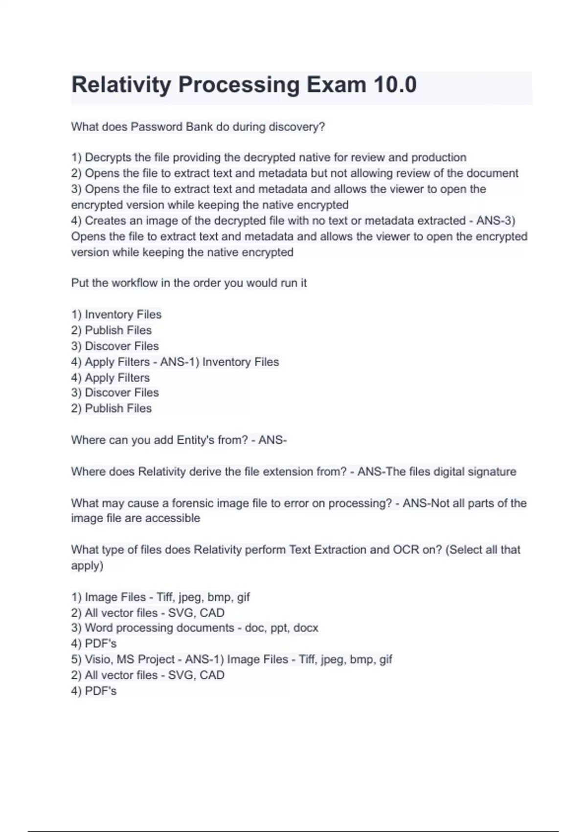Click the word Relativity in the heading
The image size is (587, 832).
[121, 85]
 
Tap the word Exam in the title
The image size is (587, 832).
[336, 85]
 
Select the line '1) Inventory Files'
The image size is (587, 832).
[116, 314]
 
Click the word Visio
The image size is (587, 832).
[98, 659]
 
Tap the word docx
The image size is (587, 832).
[306, 628]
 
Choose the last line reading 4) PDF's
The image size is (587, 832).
[94, 691]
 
